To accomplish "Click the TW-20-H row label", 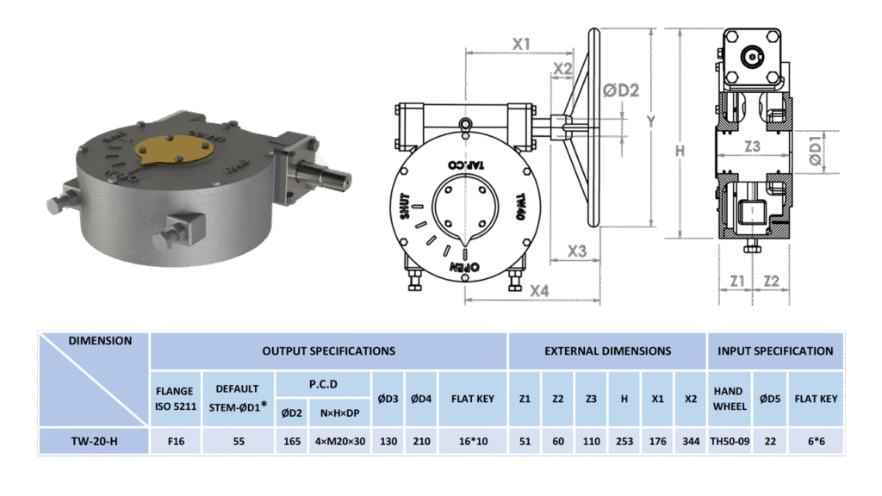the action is click(x=94, y=442).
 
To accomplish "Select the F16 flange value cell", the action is click(x=176, y=442).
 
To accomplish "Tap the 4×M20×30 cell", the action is click(x=339, y=442).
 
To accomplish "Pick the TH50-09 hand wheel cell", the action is click(x=730, y=442).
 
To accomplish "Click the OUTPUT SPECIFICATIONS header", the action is click(x=328, y=351).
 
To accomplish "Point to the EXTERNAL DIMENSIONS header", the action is click(x=607, y=351).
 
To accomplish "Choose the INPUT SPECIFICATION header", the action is click(x=775, y=351).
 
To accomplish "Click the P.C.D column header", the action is click(x=323, y=384).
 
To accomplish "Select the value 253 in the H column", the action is click(x=624, y=442).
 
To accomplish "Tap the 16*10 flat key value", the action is click(x=473, y=442).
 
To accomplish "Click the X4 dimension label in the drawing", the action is click(x=539, y=291).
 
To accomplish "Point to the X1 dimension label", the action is click(x=521, y=44).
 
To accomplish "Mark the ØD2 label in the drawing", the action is click(x=621, y=90).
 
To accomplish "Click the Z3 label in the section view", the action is click(x=753, y=146).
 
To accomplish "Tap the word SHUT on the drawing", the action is click(x=405, y=207).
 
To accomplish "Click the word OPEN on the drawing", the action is click(x=464, y=267).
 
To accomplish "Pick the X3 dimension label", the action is click(x=576, y=251).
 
